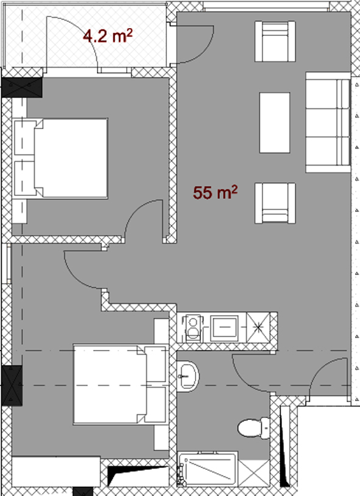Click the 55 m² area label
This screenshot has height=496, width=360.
[x=215, y=192]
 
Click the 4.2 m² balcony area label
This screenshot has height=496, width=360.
[x=107, y=35]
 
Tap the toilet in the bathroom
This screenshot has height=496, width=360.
[x=253, y=428]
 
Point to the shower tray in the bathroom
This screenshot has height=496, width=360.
[x=207, y=469]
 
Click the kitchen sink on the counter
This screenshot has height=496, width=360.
[x=224, y=327]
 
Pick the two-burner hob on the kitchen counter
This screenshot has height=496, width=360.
[x=193, y=327]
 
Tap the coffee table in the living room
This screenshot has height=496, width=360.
[x=275, y=123]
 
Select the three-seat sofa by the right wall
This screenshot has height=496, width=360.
[x=328, y=122]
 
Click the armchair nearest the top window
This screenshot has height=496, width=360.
[x=275, y=41]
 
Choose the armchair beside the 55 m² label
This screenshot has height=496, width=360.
[x=275, y=203]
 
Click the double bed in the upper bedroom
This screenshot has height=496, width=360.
[x=60, y=158]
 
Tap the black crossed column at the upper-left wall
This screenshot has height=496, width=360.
[x=21, y=87]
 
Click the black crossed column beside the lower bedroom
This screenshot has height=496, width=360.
[x=12, y=386]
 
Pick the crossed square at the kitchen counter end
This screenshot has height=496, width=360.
[x=258, y=327]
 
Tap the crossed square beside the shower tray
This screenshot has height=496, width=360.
[x=254, y=473]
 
